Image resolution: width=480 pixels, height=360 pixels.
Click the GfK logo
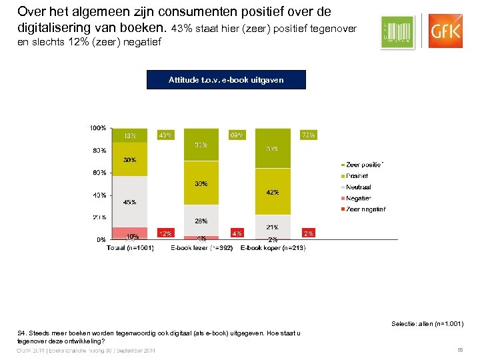[446, 31]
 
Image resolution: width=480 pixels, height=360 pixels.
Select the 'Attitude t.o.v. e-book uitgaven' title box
[226, 80]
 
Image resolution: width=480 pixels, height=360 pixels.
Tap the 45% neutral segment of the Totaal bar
[129, 201]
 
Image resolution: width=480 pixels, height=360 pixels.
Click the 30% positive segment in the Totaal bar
[129, 159]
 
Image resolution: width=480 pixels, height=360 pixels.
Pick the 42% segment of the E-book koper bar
[273, 191]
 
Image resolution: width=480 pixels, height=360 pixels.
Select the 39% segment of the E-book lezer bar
[201, 183]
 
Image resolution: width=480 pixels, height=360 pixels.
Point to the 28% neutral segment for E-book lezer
[201, 220]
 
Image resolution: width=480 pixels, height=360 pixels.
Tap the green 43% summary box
[165, 135]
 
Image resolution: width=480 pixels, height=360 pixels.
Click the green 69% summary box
[237, 135]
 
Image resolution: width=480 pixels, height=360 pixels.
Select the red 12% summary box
[165, 233]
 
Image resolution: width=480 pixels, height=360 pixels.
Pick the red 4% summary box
[237, 233]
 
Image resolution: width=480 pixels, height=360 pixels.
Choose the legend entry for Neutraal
[359, 187]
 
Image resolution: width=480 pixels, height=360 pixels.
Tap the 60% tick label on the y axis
[99, 172]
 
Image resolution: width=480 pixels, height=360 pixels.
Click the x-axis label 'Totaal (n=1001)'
[130, 248]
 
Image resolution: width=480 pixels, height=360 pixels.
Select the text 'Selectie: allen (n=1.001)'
[427, 324]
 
